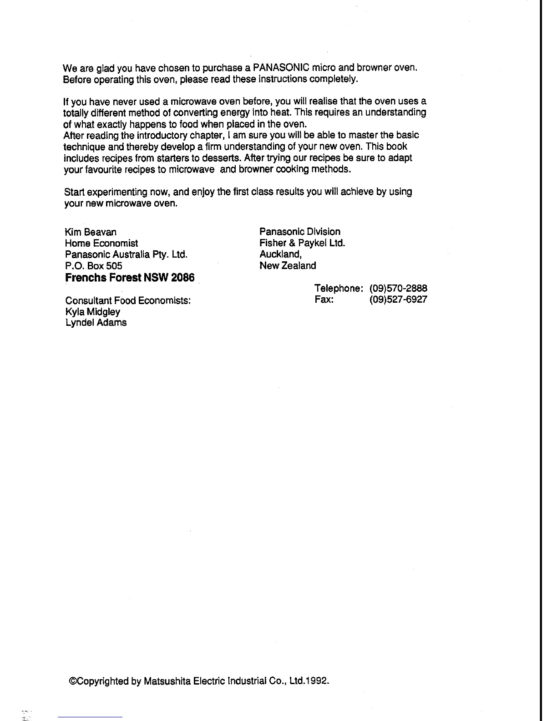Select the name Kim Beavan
point(91,232)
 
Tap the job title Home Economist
point(101,243)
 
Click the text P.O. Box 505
point(94,266)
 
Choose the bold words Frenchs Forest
point(103,278)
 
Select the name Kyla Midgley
point(93,312)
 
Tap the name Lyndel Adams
point(96,323)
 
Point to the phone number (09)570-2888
point(398,289)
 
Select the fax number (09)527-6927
point(398,300)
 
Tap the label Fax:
point(324,300)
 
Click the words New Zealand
point(288,265)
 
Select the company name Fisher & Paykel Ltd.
point(302,243)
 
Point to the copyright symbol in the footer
point(71,681)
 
